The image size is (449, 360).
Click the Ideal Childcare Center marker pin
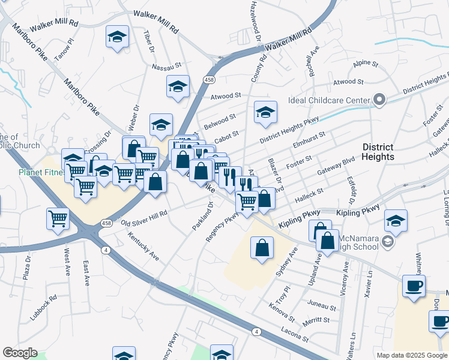click(x=379, y=100)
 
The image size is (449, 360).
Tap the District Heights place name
click(x=378, y=152)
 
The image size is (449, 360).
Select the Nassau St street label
click(x=166, y=66)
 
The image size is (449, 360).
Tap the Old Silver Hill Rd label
click(x=144, y=218)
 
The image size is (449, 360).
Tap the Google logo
click(x=20, y=353)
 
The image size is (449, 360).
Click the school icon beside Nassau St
click(x=178, y=87)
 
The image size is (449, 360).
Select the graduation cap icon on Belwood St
click(x=265, y=112)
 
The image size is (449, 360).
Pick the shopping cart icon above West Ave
click(x=58, y=218)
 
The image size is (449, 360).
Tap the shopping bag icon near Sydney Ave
click(x=262, y=247)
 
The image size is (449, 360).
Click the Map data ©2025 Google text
click(x=411, y=355)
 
